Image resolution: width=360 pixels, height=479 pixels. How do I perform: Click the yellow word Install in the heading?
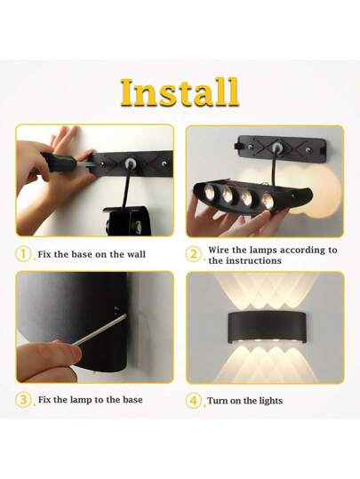click(179, 92)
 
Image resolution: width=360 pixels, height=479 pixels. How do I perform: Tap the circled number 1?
click(24, 254)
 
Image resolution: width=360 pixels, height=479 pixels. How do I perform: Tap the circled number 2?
click(194, 254)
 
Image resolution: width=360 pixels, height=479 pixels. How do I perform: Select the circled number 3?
click(24, 400)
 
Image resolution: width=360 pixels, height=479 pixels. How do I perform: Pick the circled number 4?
click(194, 400)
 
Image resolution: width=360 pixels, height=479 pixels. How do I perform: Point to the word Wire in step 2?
click(221, 250)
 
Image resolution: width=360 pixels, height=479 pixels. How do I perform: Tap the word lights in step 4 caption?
click(268, 401)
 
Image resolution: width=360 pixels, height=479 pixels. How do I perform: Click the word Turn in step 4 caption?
click(219, 401)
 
